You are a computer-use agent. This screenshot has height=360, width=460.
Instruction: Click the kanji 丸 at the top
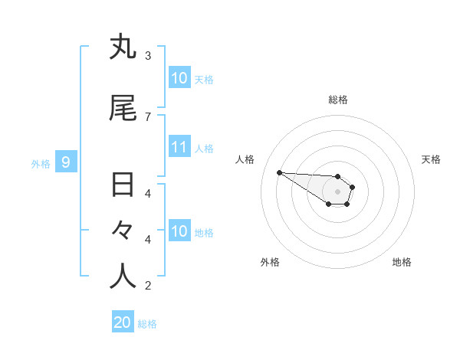pos(123,47)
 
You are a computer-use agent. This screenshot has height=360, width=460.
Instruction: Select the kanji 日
pos(123,185)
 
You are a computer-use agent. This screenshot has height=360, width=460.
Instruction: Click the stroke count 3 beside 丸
pos(147,55)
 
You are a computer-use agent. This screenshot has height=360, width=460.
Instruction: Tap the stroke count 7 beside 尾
pos(147,116)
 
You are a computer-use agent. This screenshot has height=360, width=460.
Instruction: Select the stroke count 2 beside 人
pos(147,286)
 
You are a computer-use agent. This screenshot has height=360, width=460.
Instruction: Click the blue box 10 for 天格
pos(179,78)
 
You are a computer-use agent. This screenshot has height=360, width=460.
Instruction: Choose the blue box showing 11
pos(179,147)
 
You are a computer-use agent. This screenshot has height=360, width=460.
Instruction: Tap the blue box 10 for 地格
pos(179,231)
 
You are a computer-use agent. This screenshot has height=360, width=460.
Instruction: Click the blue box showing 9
pos(66,162)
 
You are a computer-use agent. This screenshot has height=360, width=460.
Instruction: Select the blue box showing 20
pos(123,322)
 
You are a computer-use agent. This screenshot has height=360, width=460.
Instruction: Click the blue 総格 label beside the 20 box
pos(147,324)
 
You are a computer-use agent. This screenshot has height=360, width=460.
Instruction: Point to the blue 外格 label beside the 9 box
pos(41,163)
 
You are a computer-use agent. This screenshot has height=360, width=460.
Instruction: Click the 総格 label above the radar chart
pos(338,100)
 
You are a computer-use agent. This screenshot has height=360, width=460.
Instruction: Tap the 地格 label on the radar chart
pos(402,262)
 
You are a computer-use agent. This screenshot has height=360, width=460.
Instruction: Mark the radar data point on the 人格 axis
pos(279,172)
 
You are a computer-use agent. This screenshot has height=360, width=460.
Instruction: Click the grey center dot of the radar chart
pos(338,191)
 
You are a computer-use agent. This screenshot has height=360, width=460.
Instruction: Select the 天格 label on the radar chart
pos(431,159)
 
